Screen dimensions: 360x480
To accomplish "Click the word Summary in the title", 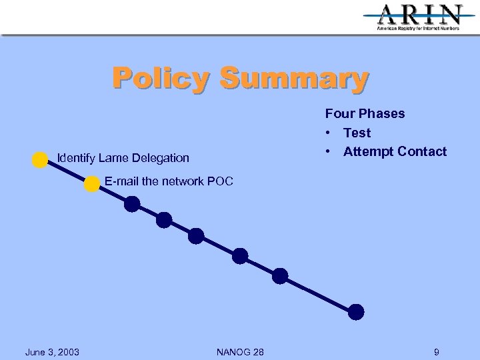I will pyautogui.click(x=294, y=78).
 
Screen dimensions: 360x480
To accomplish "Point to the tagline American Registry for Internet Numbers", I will pyautogui.click(x=419, y=29).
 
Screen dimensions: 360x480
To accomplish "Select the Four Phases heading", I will pyautogui.click(x=365, y=113).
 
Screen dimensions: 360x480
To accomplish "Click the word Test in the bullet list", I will pyautogui.click(x=357, y=133).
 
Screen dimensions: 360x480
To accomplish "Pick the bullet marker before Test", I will pyautogui.click(x=329, y=133).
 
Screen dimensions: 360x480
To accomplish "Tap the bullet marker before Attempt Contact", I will pyautogui.click(x=329, y=152).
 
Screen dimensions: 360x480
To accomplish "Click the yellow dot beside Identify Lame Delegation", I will pyautogui.click(x=40, y=159).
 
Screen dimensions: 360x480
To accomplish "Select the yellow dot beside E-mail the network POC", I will pyautogui.click(x=92, y=185).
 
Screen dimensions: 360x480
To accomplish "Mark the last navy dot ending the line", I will pyautogui.click(x=357, y=311).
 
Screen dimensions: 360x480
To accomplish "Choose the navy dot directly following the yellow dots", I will pyautogui.click(x=132, y=204).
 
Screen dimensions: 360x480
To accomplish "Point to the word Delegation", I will pyautogui.click(x=160, y=158).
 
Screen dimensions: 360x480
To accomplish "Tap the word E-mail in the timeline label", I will pyautogui.click(x=121, y=181).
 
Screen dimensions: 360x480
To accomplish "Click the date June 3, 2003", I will pyautogui.click(x=52, y=351).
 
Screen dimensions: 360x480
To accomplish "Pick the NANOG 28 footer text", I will pyautogui.click(x=240, y=351).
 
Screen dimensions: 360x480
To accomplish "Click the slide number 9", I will pyautogui.click(x=436, y=351).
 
